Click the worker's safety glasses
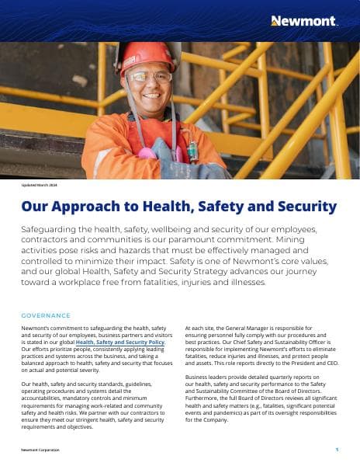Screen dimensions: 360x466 [150, 78]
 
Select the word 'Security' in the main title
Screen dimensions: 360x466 [304, 207]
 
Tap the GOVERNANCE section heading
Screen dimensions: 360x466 [46, 315]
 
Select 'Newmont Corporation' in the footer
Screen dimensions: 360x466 [40, 450]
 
